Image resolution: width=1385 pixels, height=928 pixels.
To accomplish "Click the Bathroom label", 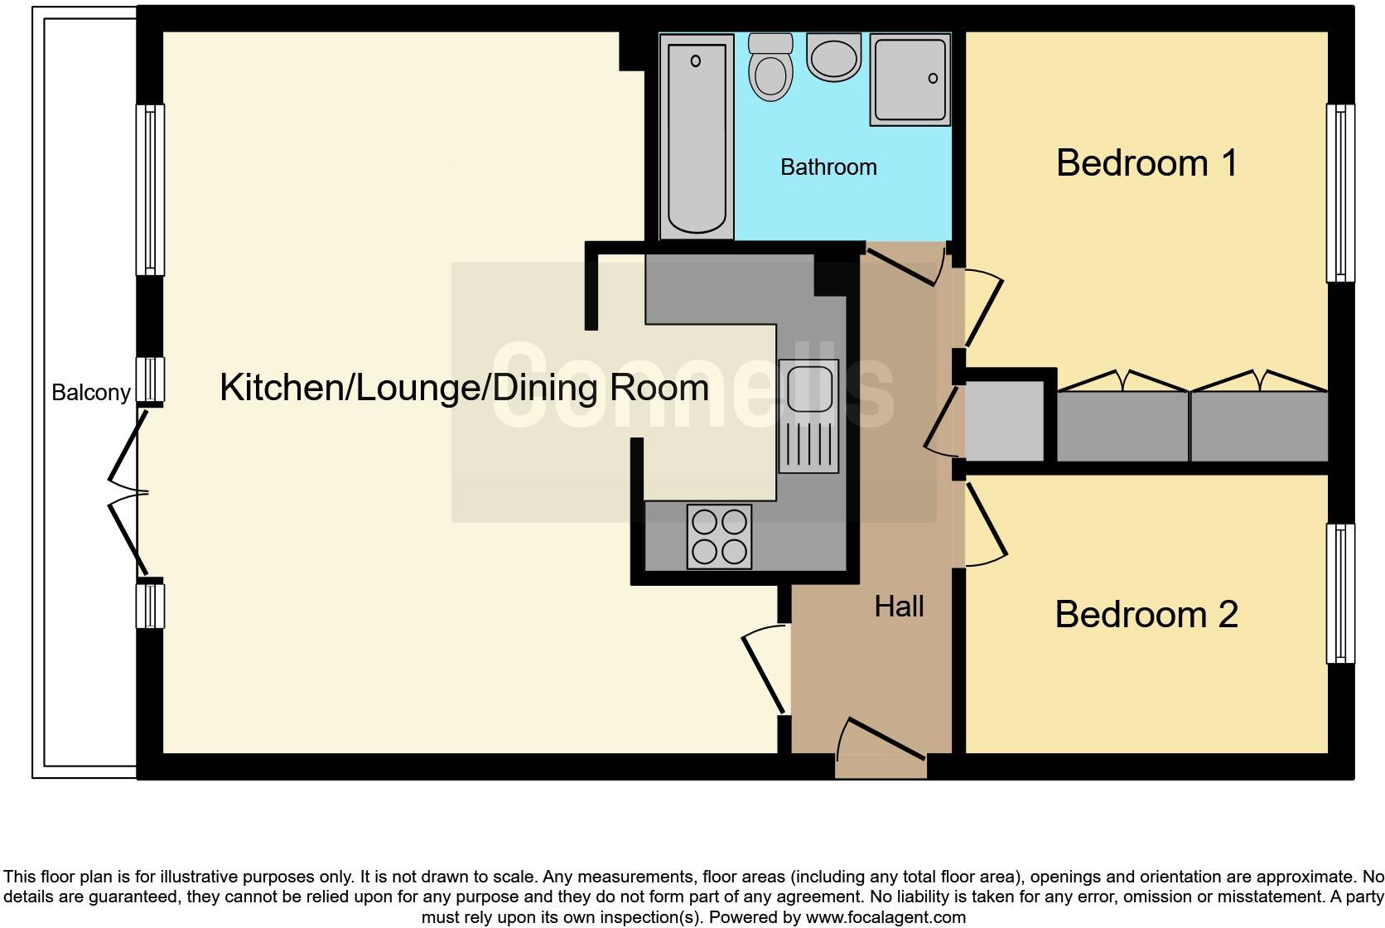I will coord(828,167).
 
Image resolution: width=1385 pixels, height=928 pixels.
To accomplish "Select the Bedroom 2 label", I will coord(1146,615).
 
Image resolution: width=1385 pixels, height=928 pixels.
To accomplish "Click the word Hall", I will coord(899,607).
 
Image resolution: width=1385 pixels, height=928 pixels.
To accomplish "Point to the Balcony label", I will coord(91,392).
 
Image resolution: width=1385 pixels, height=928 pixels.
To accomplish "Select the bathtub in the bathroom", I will coord(697,136).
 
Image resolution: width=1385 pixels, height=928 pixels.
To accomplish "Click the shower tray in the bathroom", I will coord(910,80).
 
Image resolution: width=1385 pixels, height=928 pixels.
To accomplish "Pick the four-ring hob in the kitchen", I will coord(719,537).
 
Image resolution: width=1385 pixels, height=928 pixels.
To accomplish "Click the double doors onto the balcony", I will coord(128,492).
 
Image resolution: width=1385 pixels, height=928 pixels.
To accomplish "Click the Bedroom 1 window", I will coord(1339,192).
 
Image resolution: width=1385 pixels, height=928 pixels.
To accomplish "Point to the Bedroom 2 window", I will coord(1339,593).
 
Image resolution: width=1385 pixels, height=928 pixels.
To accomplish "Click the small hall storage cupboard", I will coord(1003,421).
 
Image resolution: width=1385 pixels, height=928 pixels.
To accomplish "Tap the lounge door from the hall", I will coord(764,669).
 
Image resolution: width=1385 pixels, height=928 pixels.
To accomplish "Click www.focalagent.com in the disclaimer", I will coord(886,917).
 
